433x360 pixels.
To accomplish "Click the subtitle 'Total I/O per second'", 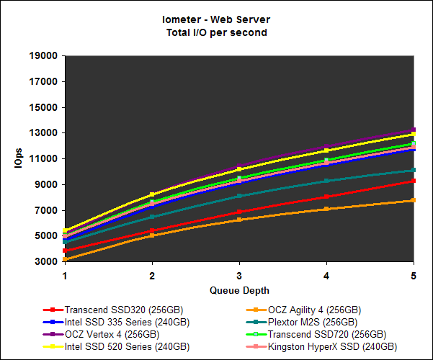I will point(216,33).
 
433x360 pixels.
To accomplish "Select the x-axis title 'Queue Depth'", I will point(239,291).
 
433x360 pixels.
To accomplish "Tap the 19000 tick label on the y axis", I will point(45,56).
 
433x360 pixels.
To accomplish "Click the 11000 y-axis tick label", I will point(45,159).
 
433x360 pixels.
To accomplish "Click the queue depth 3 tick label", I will point(239,275).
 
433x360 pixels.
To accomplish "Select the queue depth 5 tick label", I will point(413,275).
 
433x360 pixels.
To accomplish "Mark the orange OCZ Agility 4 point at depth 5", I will point(413,200).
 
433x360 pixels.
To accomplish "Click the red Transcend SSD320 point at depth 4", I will point(326,197).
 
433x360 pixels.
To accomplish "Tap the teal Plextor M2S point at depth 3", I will point(239,196).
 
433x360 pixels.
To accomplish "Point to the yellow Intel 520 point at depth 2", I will point(152,194).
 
